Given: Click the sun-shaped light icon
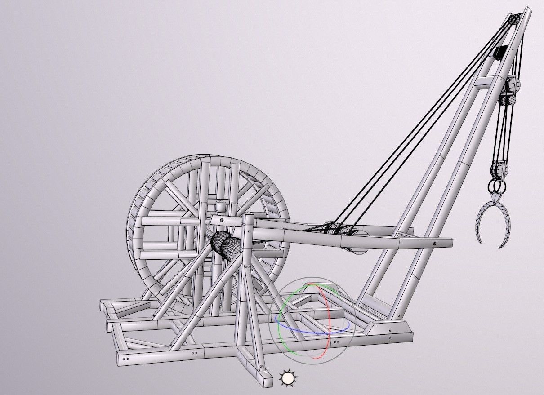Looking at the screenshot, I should coord(288,378).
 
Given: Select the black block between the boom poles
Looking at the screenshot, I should coord(499,53).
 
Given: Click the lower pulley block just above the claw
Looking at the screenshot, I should coord(499,170).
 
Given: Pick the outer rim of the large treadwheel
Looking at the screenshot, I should coord(135,211).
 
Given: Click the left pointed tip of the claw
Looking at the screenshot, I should coord(480,242).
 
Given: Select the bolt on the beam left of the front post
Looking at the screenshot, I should coord(222,221).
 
